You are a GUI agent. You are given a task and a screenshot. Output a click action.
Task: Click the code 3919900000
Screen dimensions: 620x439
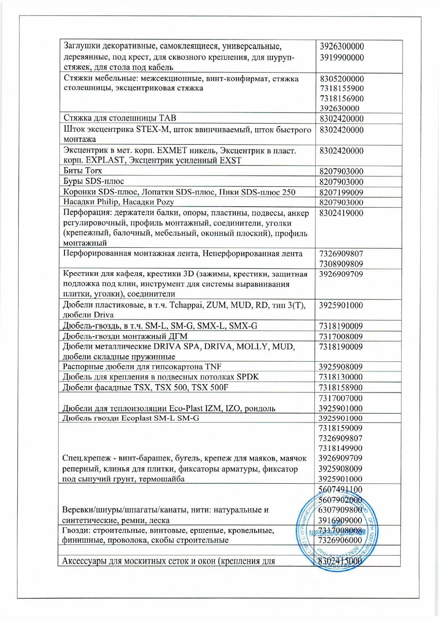click(342, 57)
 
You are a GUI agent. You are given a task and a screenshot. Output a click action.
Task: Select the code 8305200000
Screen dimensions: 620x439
click(341, 79)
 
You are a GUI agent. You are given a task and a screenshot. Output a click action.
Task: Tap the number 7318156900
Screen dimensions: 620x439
click(341, 99)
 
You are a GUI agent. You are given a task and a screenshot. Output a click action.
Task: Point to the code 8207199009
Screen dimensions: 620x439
click(341, 193)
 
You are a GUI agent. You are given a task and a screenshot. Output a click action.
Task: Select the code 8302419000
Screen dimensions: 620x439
click(341, 213)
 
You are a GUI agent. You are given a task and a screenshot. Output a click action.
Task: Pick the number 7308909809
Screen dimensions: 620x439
click(341, 264)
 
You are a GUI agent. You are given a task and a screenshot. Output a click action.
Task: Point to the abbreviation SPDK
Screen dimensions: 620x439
click(248, 377)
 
